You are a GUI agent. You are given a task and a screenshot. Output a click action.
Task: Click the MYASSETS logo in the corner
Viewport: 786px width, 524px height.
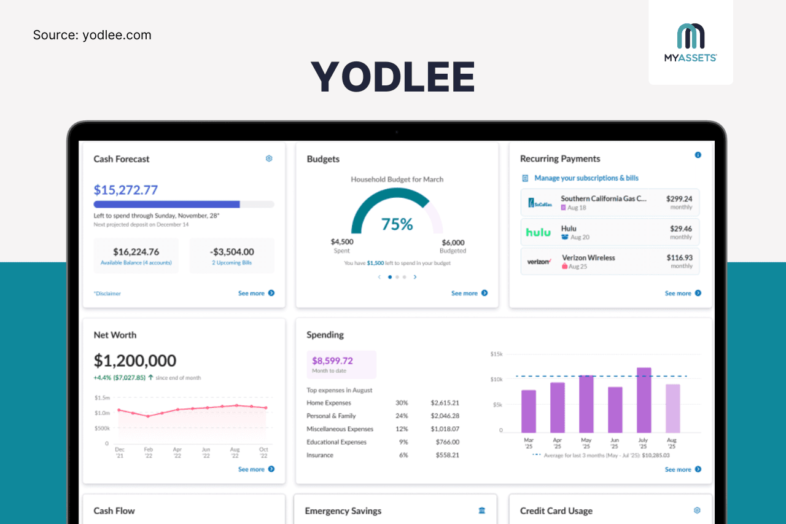tap(691, 42)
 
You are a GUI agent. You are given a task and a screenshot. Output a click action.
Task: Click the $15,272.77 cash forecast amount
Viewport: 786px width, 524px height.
tap(125, 190)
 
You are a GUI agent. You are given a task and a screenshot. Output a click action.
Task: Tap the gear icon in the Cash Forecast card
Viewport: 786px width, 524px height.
tap(269, 158)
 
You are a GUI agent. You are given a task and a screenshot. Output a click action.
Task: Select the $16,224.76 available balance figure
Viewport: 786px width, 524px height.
tap(136, 252)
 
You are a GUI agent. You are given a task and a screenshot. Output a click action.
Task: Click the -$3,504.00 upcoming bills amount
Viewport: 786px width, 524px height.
tap(232, 252)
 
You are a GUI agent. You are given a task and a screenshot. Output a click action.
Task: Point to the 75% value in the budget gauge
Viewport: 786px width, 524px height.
tap(397, 224)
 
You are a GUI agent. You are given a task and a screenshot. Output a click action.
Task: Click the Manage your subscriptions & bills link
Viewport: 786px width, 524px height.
tap(586, 178)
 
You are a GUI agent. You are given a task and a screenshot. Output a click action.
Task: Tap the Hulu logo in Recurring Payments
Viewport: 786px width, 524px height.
tap(539, 233)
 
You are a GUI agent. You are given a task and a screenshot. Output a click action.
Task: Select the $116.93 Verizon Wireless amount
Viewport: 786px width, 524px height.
tap(679, 258)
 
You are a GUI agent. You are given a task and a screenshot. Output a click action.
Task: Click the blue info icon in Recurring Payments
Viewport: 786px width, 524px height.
tap(698, 155)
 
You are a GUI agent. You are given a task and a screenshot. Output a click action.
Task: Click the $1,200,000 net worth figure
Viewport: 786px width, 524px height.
tap(135, 361)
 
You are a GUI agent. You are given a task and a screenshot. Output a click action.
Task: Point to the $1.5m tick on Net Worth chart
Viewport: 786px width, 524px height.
tap(102, 398)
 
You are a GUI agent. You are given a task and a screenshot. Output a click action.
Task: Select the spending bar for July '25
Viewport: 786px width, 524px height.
tap(644, 401)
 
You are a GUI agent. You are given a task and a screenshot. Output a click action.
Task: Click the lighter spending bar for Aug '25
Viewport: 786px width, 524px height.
tap(673, 409)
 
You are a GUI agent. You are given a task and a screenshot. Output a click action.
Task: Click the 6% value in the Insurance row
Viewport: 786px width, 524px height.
tap(403, 455)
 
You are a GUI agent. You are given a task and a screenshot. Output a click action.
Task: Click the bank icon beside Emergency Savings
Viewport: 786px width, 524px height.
tap(481, 510)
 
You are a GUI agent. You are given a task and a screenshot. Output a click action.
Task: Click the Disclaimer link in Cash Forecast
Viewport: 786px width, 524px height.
tap(107, 294)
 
